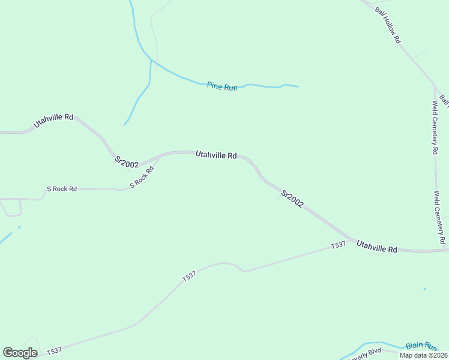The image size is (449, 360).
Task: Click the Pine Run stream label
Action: click(222, 86)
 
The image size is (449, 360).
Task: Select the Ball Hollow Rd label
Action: click(388, 25)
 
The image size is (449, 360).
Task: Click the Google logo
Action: click(20, 353)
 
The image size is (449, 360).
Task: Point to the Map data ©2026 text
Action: click(423, 355)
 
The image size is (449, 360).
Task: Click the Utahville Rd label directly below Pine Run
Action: click(215, 155)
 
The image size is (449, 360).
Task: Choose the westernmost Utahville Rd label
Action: click(53, 120)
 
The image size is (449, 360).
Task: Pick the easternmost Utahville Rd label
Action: click(376, 246)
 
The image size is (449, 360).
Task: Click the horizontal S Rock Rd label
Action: click(62, 189)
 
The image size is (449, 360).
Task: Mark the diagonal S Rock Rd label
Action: click(142, 176)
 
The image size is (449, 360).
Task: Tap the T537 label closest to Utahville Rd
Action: click(339, 245)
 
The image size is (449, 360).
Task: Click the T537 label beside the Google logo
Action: click(54, 350)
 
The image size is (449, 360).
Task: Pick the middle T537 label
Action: click(189, 276)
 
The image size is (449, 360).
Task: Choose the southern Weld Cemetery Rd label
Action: click(440, 217)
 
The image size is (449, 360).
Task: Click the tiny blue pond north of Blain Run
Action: click(424, 289)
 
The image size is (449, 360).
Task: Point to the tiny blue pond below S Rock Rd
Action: click(19, 227)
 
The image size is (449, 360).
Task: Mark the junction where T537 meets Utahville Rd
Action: click(353, 241)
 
